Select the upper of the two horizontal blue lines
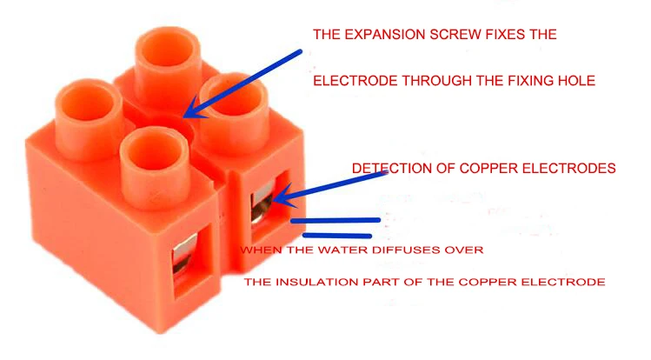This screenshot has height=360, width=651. pyautogui.click(x=335, y=220)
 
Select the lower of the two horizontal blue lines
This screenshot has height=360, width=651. pyautogui.click(x=337, y=234)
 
